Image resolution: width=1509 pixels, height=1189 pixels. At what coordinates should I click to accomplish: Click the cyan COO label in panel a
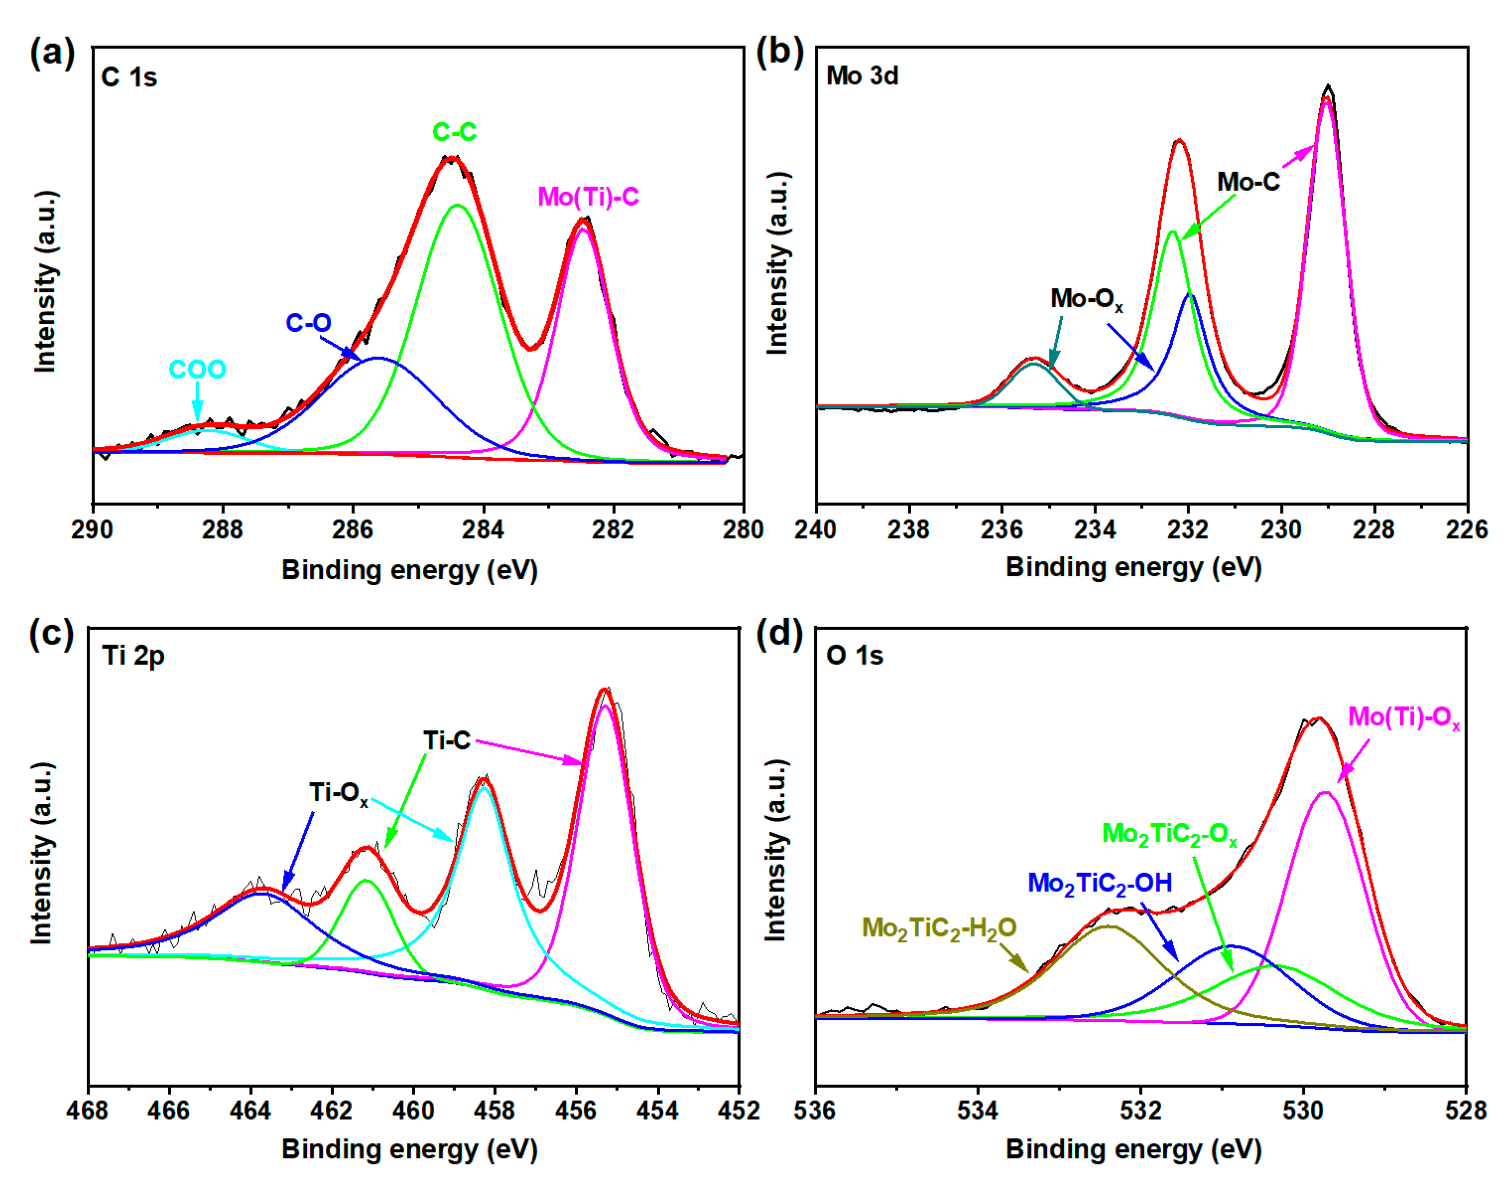tap(197, 370)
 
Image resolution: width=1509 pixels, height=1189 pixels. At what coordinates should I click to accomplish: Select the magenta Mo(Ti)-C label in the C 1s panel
tap(588, 197)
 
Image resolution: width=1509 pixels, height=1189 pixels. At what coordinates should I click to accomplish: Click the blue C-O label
tap(308, 323)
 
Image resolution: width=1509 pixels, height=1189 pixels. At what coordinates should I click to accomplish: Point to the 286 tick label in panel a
tap(352, 530)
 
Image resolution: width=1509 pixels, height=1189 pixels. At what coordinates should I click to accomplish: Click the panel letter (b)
tap(779, 53)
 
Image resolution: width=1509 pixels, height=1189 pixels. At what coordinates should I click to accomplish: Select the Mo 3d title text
tap(862, 76)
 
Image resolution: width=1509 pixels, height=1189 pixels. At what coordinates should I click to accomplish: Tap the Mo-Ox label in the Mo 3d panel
tap(1086, 299)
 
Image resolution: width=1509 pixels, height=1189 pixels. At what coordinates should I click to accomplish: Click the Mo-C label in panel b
tap(1248, 183)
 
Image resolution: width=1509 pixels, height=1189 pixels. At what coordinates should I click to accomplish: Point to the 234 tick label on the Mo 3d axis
tap(1094, 530)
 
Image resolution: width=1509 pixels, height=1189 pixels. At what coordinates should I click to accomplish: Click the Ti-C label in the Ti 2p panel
tap(447, 740)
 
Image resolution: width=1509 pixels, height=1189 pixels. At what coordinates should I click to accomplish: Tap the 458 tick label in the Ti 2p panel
tap(494, 1110)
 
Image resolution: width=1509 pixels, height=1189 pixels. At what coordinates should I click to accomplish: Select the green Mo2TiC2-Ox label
tap(1169, 833)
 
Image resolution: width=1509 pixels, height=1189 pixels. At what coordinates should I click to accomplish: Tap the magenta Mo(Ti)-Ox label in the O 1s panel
tap(1403, 717)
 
